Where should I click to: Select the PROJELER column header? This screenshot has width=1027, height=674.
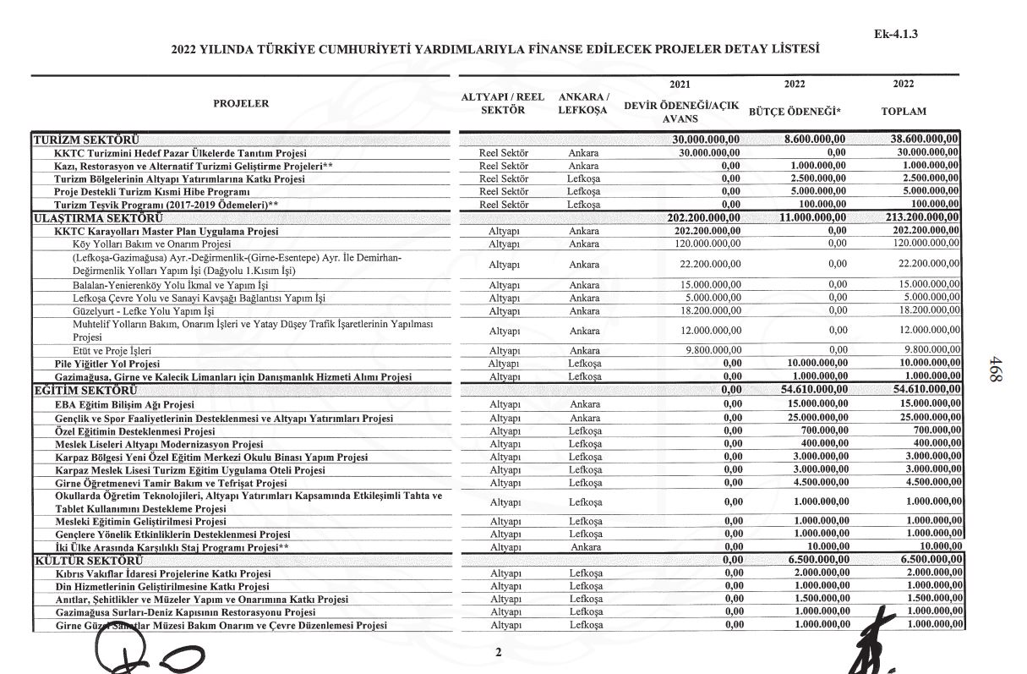click(241, 103)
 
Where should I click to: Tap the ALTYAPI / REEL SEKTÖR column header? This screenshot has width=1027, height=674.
click(502, 104)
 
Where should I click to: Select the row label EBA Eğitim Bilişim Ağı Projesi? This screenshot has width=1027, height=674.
click(124, 405)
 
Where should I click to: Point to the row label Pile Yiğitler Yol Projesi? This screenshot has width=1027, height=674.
click(107, 364)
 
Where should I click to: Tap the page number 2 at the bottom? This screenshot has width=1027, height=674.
click(499, 652)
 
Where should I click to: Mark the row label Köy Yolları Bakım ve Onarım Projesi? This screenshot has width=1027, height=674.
click(145, 243)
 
